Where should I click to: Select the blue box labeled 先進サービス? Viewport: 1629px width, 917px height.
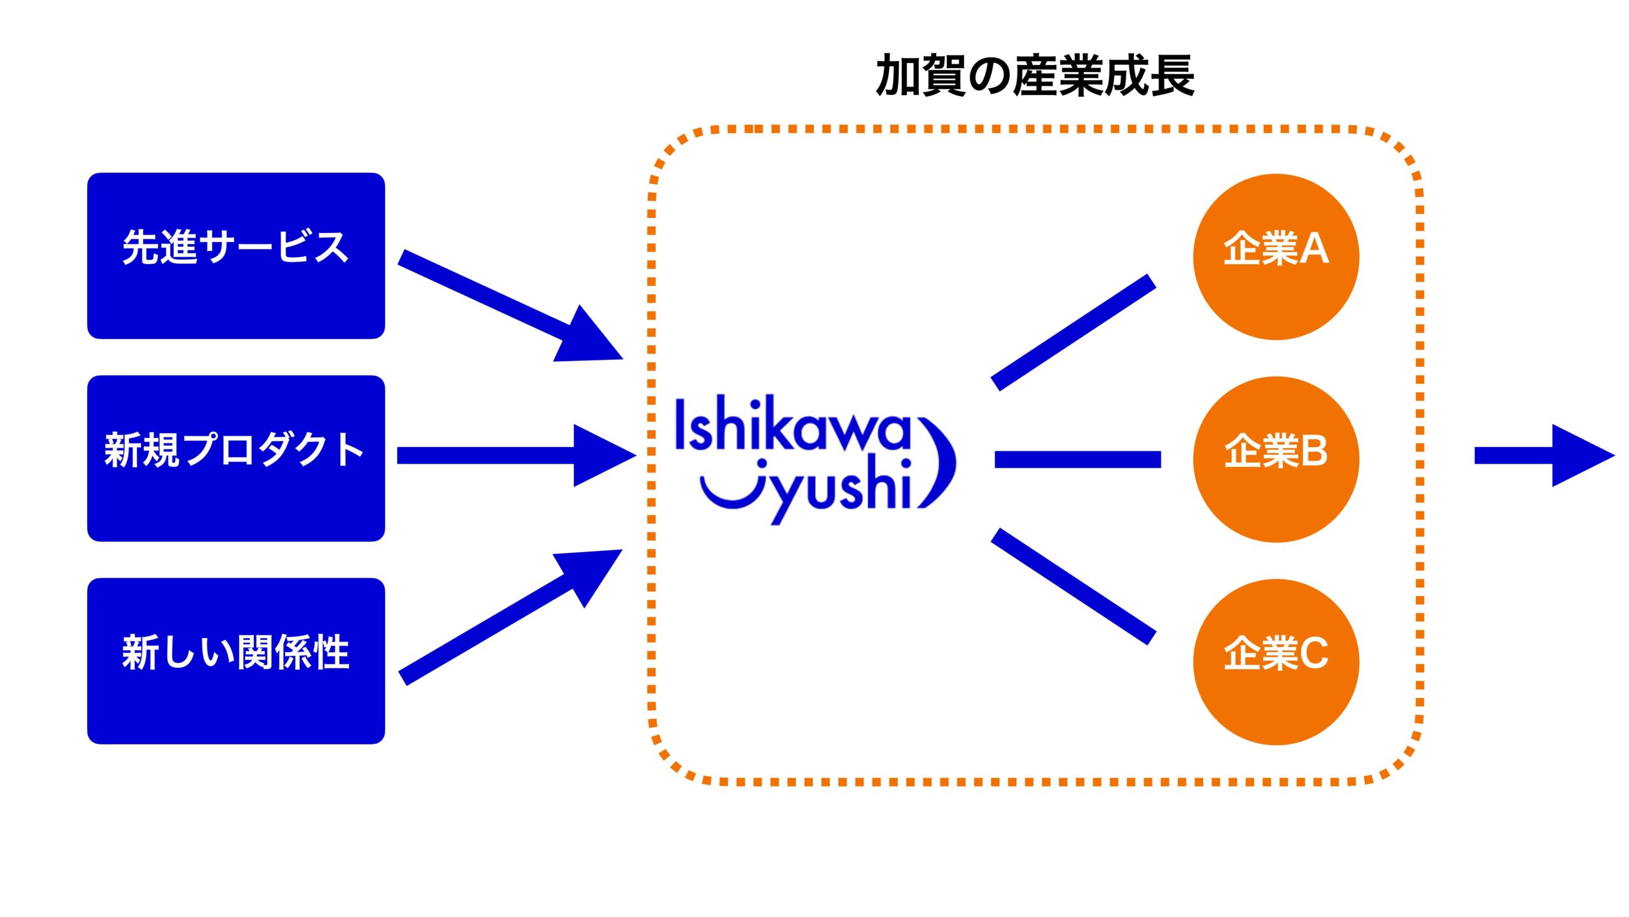235,255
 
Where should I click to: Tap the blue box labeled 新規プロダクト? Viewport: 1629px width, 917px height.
235,458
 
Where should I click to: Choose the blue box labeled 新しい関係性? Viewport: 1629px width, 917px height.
235,660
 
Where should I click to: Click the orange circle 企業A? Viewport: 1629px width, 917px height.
1276,257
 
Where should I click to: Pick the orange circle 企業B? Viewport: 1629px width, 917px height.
1276,459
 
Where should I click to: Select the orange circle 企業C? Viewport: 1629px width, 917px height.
1276,662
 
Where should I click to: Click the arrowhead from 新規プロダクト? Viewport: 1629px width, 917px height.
601,455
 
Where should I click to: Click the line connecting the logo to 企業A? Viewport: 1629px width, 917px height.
1073,332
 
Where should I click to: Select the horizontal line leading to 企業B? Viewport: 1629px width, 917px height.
1077,459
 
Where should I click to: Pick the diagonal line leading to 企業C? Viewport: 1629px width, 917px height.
1073,586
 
